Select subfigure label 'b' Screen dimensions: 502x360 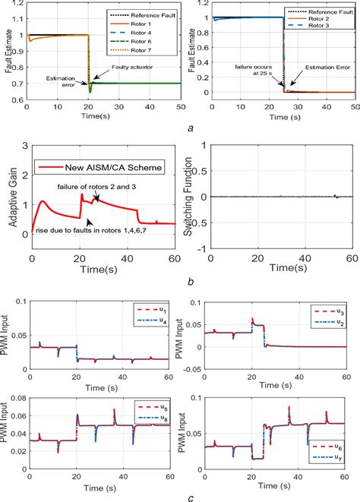(x=187, y=281)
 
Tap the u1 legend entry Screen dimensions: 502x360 (x=147, y=310)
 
